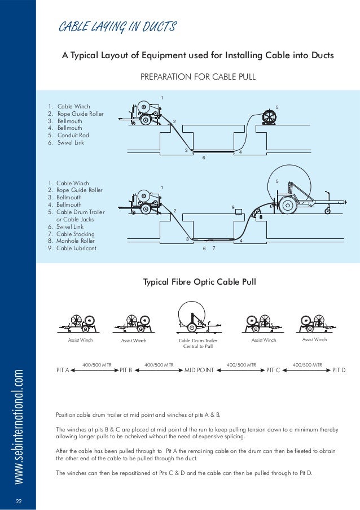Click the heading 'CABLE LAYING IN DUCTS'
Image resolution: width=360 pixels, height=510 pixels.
pos(118,27)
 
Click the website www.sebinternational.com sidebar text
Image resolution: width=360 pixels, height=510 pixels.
pos(19,419)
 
